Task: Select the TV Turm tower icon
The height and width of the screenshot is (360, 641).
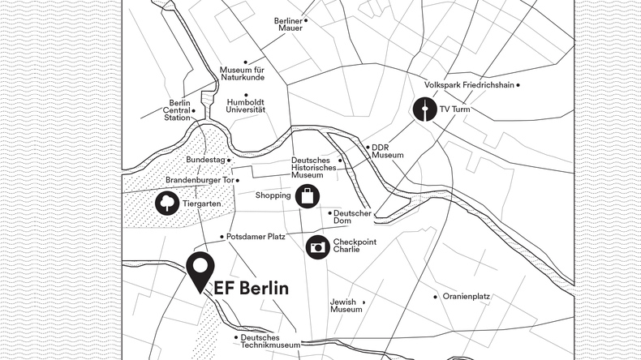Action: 424,108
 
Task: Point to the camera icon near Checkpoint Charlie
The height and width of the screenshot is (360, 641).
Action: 317,246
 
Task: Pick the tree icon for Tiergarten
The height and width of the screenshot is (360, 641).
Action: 167,203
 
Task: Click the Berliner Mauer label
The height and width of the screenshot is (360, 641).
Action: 290,24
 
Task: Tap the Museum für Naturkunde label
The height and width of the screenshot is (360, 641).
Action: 243,75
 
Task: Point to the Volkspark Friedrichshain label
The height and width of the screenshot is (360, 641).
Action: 471,85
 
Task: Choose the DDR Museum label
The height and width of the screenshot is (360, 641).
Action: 387,151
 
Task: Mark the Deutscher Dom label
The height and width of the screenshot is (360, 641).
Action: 352,217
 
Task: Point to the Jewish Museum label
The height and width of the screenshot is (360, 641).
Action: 346,306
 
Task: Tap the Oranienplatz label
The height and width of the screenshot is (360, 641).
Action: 466,297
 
